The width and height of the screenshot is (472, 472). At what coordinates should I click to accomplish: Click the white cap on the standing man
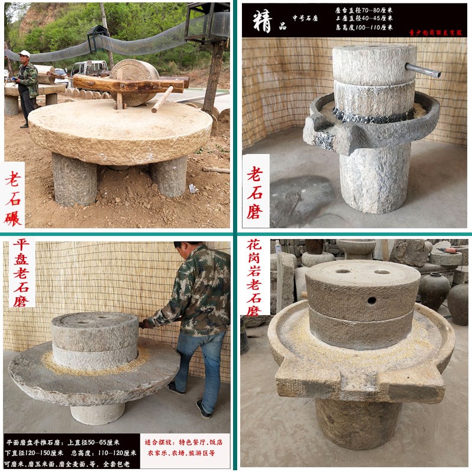(x=24, y=54)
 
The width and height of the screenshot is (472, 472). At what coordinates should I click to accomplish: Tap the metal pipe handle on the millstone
(x=423, y=71)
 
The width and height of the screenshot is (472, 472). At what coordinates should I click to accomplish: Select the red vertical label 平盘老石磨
(x=21, y=273)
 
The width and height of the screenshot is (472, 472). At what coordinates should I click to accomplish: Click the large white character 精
(x=262, y=21)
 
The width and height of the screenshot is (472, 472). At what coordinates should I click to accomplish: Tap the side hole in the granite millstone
(x=371, y=300)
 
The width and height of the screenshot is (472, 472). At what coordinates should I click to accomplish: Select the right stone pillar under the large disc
(x=171, y=176)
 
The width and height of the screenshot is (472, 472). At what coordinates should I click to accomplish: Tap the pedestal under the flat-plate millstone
(x=97, y=412)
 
